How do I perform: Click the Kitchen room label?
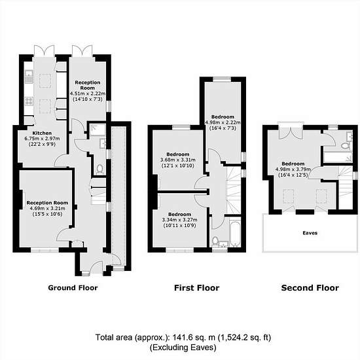pos(42,133)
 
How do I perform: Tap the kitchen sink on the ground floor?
pos(29,77)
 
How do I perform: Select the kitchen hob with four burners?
pos(29,101)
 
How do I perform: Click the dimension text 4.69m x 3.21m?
pos(47,208)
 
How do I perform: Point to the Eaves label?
pos(310,233)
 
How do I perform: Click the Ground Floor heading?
pos(73,288)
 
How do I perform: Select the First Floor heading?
pos(197,288)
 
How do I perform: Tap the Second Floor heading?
pos(310,288)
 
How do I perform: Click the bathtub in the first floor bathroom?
pos(234,232)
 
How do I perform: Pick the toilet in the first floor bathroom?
pos(215,241)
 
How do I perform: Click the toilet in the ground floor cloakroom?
pos(100,169)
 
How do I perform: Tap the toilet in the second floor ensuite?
pos(345,146)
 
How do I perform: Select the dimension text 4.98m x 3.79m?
pos(293,170)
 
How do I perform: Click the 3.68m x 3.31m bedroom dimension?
pos(178,160)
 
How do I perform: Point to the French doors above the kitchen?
pos(44,50)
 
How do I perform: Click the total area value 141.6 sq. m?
pos(194,338)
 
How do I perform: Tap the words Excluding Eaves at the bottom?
pos(183,348)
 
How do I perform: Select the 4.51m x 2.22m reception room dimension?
pos(88,94)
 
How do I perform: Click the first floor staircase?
pos(234,190)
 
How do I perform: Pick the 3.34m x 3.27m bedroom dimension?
pos(179,220)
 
